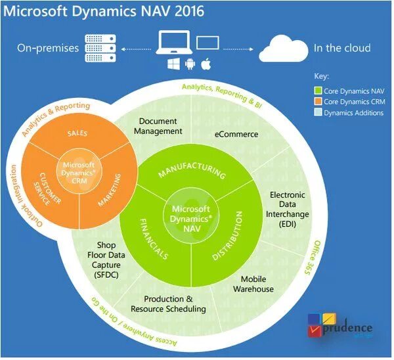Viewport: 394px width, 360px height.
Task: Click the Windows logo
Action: [x=174, y=65]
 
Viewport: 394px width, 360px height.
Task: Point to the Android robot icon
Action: [x=190, y=65]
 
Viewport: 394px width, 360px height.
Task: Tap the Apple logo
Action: [x=205, y=64]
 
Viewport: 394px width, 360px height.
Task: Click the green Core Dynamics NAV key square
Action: [x=318, y=91]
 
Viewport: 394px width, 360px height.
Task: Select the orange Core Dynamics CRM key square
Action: [x=318, y=102]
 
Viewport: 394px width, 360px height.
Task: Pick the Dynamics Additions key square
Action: [x=318, y=112]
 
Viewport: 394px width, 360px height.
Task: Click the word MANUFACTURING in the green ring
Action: [x=192, y=172]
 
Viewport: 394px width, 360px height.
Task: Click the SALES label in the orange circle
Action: [x=77, y=133]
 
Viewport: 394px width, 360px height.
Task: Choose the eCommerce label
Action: [x=236, y=135]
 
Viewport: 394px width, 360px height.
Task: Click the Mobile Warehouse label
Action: [x=253, y=284]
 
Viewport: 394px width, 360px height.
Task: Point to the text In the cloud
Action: [x=342, y=48]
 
